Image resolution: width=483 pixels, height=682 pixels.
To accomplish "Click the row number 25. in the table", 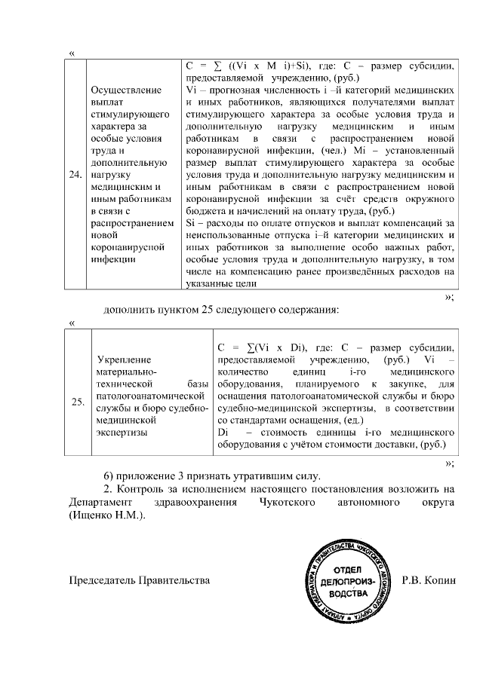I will click(x=77, y=402).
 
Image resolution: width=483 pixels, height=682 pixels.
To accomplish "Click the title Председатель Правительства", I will click(x=140, y=580).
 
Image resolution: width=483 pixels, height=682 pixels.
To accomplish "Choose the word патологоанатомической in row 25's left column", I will click(x=148, y=396).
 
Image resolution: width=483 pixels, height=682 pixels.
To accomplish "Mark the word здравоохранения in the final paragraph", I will click(x=195, y=503).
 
